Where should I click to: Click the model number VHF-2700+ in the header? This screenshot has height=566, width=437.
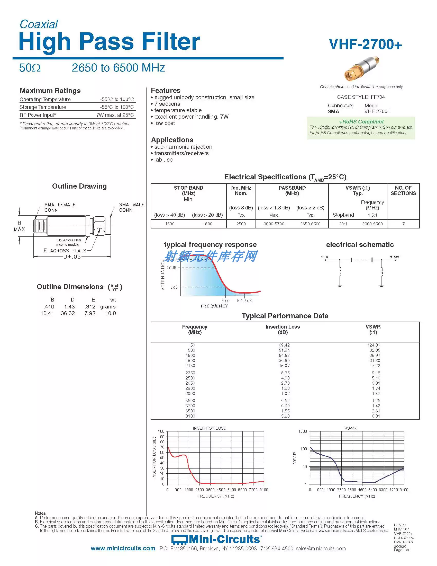pyautogui.click(x=365, y=44)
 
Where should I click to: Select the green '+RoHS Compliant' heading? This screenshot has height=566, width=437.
pyautogui.click(x=361, y=121)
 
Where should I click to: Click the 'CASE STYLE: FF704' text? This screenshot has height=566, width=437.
pyautogui.click(x=361, y=97)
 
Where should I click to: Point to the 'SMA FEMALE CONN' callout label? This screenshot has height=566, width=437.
pyautogui.click(x=60, y=207)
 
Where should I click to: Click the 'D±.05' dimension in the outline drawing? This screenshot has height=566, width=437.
pyautogui.click(x=72, y=257)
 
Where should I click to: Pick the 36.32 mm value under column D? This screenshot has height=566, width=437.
pyautogui.click(x=68, y=313)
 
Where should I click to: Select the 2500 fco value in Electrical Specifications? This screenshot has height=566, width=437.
pyautogui.click(x=241, y=224)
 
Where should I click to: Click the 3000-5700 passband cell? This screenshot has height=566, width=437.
pyautogui.click(x=274, y=224)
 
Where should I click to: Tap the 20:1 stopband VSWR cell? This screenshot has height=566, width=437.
pyautogui.click(x=343, y=224)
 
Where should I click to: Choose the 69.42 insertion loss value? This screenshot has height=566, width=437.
pyautogui.click(x=284, y=345)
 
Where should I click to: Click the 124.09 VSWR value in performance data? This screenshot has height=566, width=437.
pyautogui.click(x=374, y=345)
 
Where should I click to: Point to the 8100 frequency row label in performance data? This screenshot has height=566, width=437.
pyautogui.click(x=190, y=416)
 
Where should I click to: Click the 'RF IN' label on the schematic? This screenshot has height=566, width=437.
pyautogui.click(x=324, y=257)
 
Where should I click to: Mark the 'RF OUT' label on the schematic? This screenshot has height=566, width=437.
pyautogui.click(x=394, y=257)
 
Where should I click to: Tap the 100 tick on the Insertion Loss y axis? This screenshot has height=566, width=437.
pyautogui.click(x=161, y=431)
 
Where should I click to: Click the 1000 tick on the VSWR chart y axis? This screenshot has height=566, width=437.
pyautogui.click(x=302, y=431)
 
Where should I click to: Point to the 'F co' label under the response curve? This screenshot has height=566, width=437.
pyautogui.click(x=225, y=300)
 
